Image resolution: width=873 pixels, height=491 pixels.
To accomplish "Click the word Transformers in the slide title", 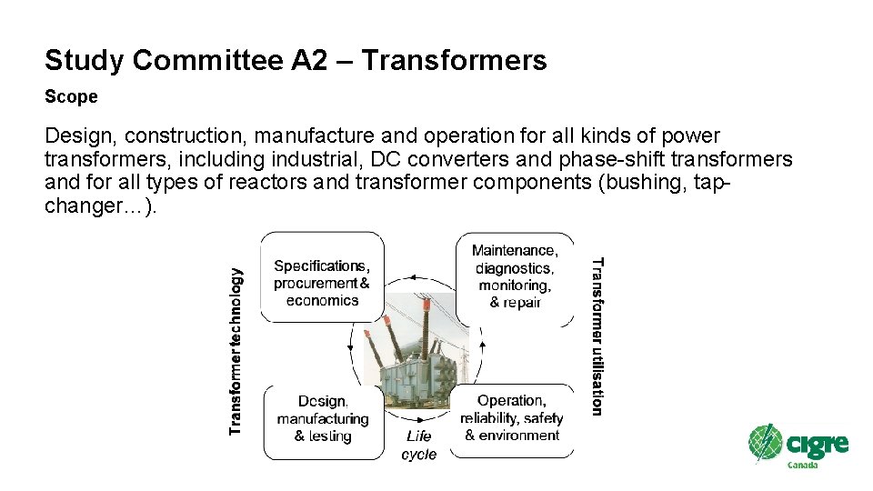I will point(454,61).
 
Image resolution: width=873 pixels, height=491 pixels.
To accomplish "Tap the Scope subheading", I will point(71,96).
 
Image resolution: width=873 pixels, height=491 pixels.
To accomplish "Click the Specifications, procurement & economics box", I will point(322,283).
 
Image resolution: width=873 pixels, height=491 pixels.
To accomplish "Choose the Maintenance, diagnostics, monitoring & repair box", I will point(515,276).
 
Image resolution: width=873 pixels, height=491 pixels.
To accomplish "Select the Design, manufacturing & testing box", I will point(323,418).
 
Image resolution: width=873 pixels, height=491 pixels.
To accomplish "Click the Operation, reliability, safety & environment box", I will point(512,417).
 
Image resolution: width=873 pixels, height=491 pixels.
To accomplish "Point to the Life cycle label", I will point(419,446).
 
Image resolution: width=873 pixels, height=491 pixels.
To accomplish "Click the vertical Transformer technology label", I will point(236,350).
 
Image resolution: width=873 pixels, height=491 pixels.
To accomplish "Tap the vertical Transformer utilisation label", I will point(597,336).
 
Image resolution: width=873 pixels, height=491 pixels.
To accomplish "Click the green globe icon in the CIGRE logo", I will point(765,443).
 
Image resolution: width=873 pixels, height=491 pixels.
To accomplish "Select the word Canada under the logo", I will point(802,466).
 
